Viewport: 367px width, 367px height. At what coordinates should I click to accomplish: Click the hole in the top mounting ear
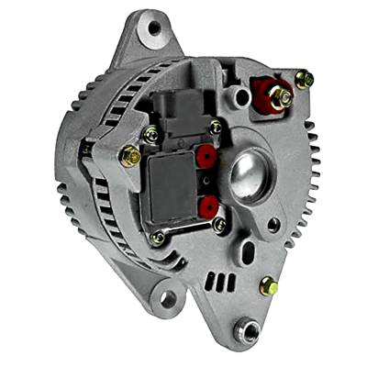pyautogui.click(x=153, y=28)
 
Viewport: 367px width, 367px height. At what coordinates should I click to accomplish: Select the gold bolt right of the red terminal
pyautogui.click(x=304, y=79)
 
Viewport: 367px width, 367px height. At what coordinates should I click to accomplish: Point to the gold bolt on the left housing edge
pyautogui.click(x=131, y=156)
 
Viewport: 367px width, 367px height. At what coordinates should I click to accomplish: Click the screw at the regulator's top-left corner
pyautogui.click(x=152, y=136)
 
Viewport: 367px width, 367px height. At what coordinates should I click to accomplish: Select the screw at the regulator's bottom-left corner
pyautogui.click(x=159, y=239)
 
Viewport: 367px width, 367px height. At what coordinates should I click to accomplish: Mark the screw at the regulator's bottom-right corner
pyautogui.click(x=218, y=223)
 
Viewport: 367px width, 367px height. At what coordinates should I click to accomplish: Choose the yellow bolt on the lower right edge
pyautogui.click(x=269, y=284)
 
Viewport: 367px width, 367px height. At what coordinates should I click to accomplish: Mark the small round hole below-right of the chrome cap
pyautogui.click(x=273, y=222)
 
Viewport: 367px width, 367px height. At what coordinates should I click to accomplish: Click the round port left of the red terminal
pyautogui.click(x=241, y=95)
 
